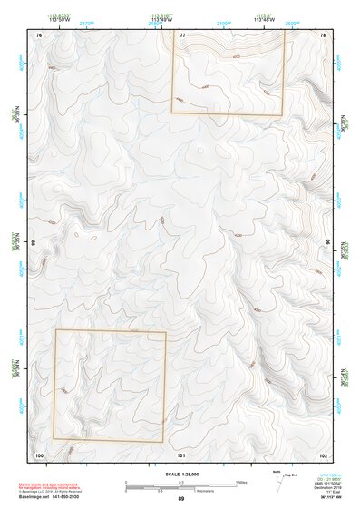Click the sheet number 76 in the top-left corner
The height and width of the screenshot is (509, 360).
pos(39,34)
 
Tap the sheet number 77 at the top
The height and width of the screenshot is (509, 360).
pos(182,34)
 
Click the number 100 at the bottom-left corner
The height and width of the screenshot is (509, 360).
pos(39,454)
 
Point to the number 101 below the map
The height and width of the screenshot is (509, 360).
pos(181,454)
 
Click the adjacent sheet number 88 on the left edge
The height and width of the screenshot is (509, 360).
pos(34,243)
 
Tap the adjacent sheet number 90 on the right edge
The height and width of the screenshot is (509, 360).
pos(327,243)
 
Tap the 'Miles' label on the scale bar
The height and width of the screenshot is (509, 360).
pos(242,481)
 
